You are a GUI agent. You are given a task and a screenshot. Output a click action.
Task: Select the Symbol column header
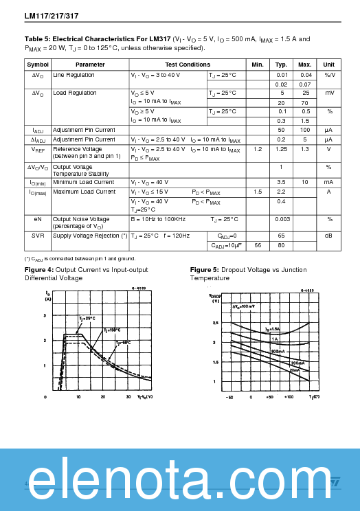click(x=38, y=64)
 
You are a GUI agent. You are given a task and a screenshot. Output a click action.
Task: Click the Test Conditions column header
click(x=188, y=64)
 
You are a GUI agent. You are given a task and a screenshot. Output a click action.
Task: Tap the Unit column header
click(x=328, y=64)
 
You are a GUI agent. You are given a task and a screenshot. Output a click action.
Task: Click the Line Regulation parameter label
click(x=74, y=75)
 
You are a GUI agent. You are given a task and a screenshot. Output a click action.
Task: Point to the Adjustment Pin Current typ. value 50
click(x=282, y=130)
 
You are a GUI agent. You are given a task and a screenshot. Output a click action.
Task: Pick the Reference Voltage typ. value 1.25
click(x=282, y=149)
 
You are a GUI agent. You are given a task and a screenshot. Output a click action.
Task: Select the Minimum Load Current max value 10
click(x=305, y=182)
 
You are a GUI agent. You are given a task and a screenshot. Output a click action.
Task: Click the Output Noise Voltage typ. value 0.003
click(x=282, y=219)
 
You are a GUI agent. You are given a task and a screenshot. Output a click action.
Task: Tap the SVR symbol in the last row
click(x=38, y=236)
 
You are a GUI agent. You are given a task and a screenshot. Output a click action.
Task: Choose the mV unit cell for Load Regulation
click(x=328, y=93)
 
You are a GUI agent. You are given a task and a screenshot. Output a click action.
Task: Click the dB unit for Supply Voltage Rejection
click(x=328, y=236)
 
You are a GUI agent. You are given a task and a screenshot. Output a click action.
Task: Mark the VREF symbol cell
click(x=38, y=149)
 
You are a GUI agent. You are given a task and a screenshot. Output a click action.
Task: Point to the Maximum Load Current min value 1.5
click(x=258, y=192)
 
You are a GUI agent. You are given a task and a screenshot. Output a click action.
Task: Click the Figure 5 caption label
click(x=205, y=269)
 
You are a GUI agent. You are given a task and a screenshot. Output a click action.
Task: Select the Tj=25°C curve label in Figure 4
click(x=87, y=319)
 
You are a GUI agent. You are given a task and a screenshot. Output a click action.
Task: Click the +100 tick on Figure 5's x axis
click(x=289, y=397)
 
